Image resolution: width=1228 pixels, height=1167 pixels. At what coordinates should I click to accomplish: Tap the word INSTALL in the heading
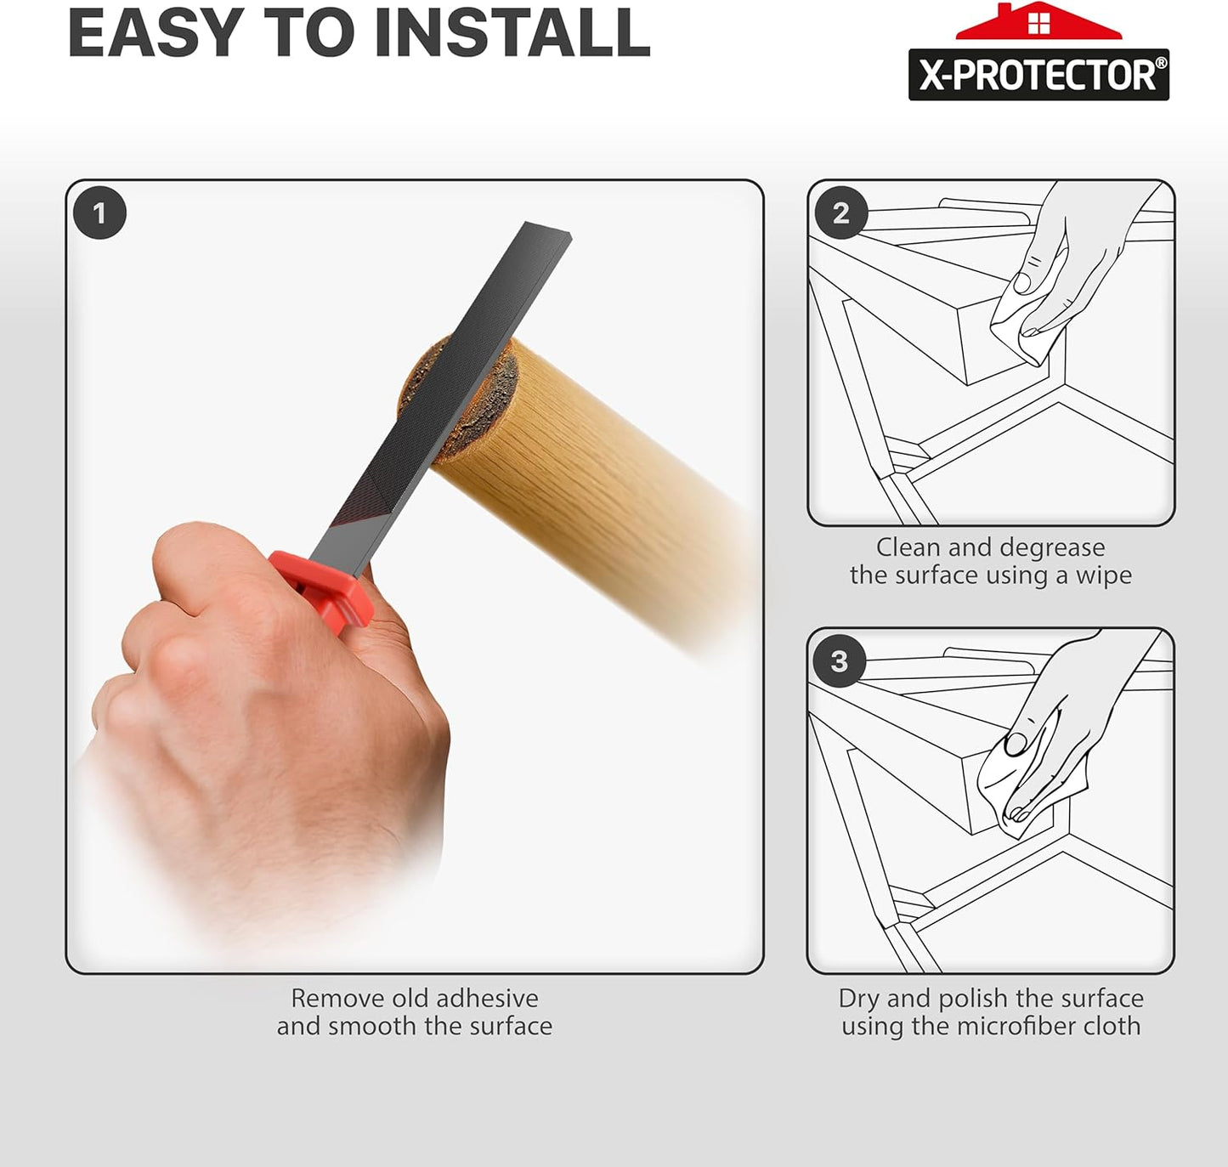coord(512,34)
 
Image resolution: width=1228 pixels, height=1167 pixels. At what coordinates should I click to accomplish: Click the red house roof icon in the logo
coord(1038,23)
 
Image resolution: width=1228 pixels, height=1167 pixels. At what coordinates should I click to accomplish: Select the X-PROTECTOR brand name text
coord(1037,76)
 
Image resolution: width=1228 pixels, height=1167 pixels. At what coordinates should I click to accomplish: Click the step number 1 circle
coord(99,212)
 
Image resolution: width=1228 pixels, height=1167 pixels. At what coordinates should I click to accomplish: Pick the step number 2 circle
coord(840,212)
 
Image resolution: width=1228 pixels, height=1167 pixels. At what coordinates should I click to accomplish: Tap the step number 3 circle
coord(840,661)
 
